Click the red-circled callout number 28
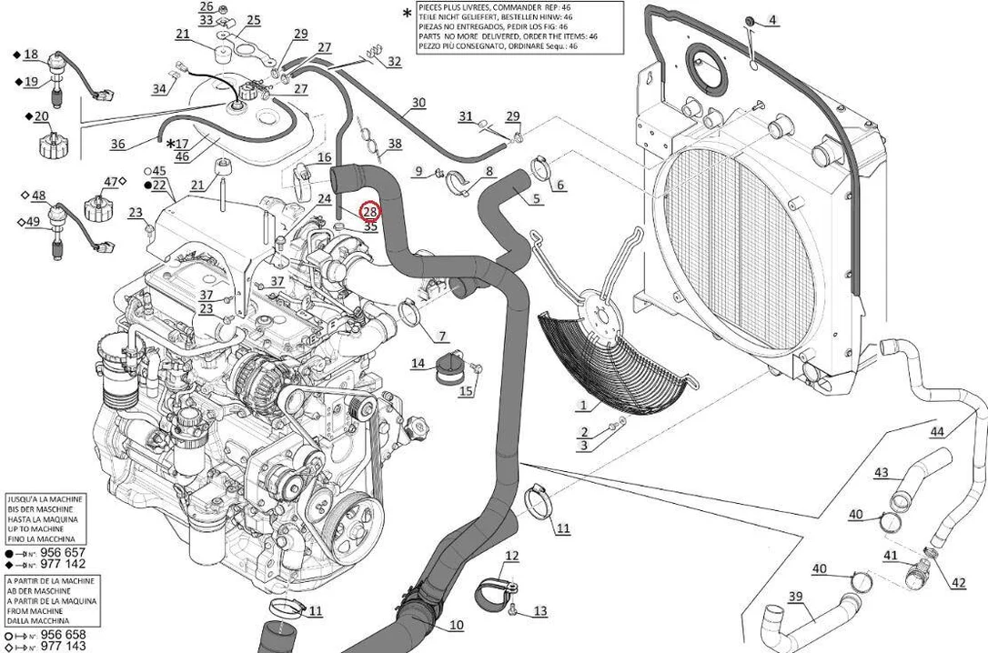pos(369,212)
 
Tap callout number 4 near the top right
pos(771,19)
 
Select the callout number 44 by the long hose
pos(938,432)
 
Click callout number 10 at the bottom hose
pos(456,626)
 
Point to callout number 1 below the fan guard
pos(583,405)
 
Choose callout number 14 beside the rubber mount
pos(418,364)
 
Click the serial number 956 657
pos(63,552)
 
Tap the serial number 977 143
pos(63,646)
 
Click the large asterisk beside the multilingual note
pos(407,13)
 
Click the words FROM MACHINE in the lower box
pos(35,611)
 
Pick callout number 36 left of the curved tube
pos(118,144)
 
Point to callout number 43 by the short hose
pos(881,472)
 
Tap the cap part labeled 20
pos(50,145)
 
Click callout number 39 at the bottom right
pos(795,597)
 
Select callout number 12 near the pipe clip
pos(512,556)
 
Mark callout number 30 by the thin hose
pos(418,103)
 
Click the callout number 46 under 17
pos(181,156)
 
